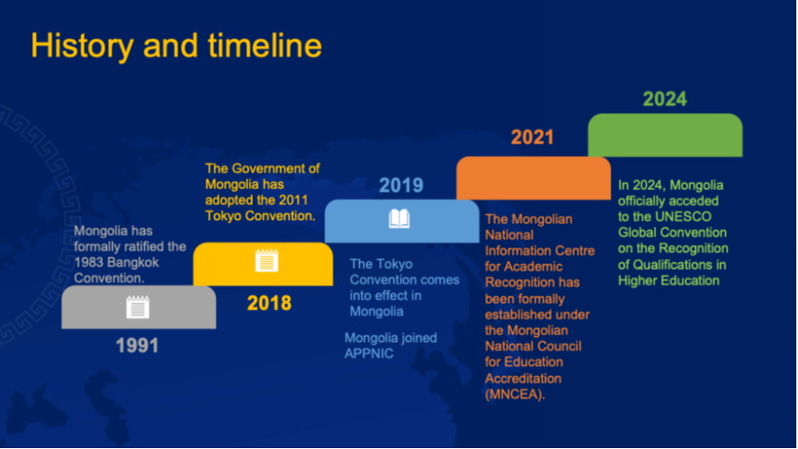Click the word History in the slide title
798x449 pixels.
(x=82, y=47)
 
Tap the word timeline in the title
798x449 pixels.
(x=265, y=46)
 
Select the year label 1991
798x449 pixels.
(x=137, y=345)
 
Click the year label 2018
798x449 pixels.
(x=269, y=303)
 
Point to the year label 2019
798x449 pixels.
(x=401, y=185)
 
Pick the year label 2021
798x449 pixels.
(x=532, y=137)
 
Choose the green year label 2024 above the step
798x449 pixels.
(x=665, y=98)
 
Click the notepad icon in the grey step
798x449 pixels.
(x=138, y=307)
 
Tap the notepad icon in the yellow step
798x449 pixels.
(x=267, y=260)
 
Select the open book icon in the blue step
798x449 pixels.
(x=399, y=219)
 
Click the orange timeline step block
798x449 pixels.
(x=533, y=178)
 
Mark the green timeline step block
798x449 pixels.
(x=666, y=135)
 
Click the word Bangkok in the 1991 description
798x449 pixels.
(x=126, y=262)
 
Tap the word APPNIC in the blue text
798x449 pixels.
(x=369, y=354)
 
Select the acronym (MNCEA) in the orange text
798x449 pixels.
(x=514, y=395)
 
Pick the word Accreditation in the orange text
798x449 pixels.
(x=523, y=379)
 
